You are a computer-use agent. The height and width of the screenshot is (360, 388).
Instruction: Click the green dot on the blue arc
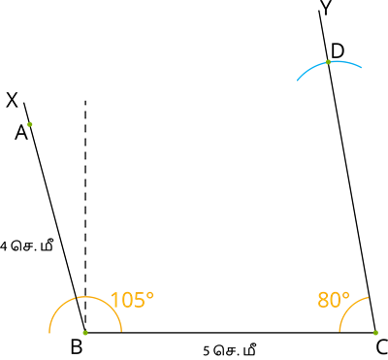click(328, 62)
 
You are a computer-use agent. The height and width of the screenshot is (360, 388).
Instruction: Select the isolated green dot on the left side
click(30, 124)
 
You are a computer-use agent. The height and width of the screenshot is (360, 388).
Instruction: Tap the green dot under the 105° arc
click(85, 333)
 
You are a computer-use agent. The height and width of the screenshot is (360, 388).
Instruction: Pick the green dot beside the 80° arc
click(375, 333)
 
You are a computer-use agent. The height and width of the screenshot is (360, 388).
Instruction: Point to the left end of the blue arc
click(296, 81)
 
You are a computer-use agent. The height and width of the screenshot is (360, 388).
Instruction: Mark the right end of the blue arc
click(363, 68)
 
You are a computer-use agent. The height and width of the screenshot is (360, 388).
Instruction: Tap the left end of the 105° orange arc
click(49, 333)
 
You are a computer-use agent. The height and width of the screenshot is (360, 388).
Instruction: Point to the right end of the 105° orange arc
click(121, 332)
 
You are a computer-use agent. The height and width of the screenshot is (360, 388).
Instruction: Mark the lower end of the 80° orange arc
click(339, 332)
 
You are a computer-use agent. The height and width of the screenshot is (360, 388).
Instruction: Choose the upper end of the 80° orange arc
click(369, 297)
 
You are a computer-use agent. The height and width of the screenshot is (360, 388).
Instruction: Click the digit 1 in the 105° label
click(113, 301)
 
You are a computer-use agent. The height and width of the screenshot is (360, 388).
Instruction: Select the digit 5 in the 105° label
click(140, 301)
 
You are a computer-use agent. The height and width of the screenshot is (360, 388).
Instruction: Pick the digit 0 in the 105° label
click(127, 301)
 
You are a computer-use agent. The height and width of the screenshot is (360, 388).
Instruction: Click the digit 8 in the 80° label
click(323, 301)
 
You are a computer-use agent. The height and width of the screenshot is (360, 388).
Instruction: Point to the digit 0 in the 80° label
click(336, 301)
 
